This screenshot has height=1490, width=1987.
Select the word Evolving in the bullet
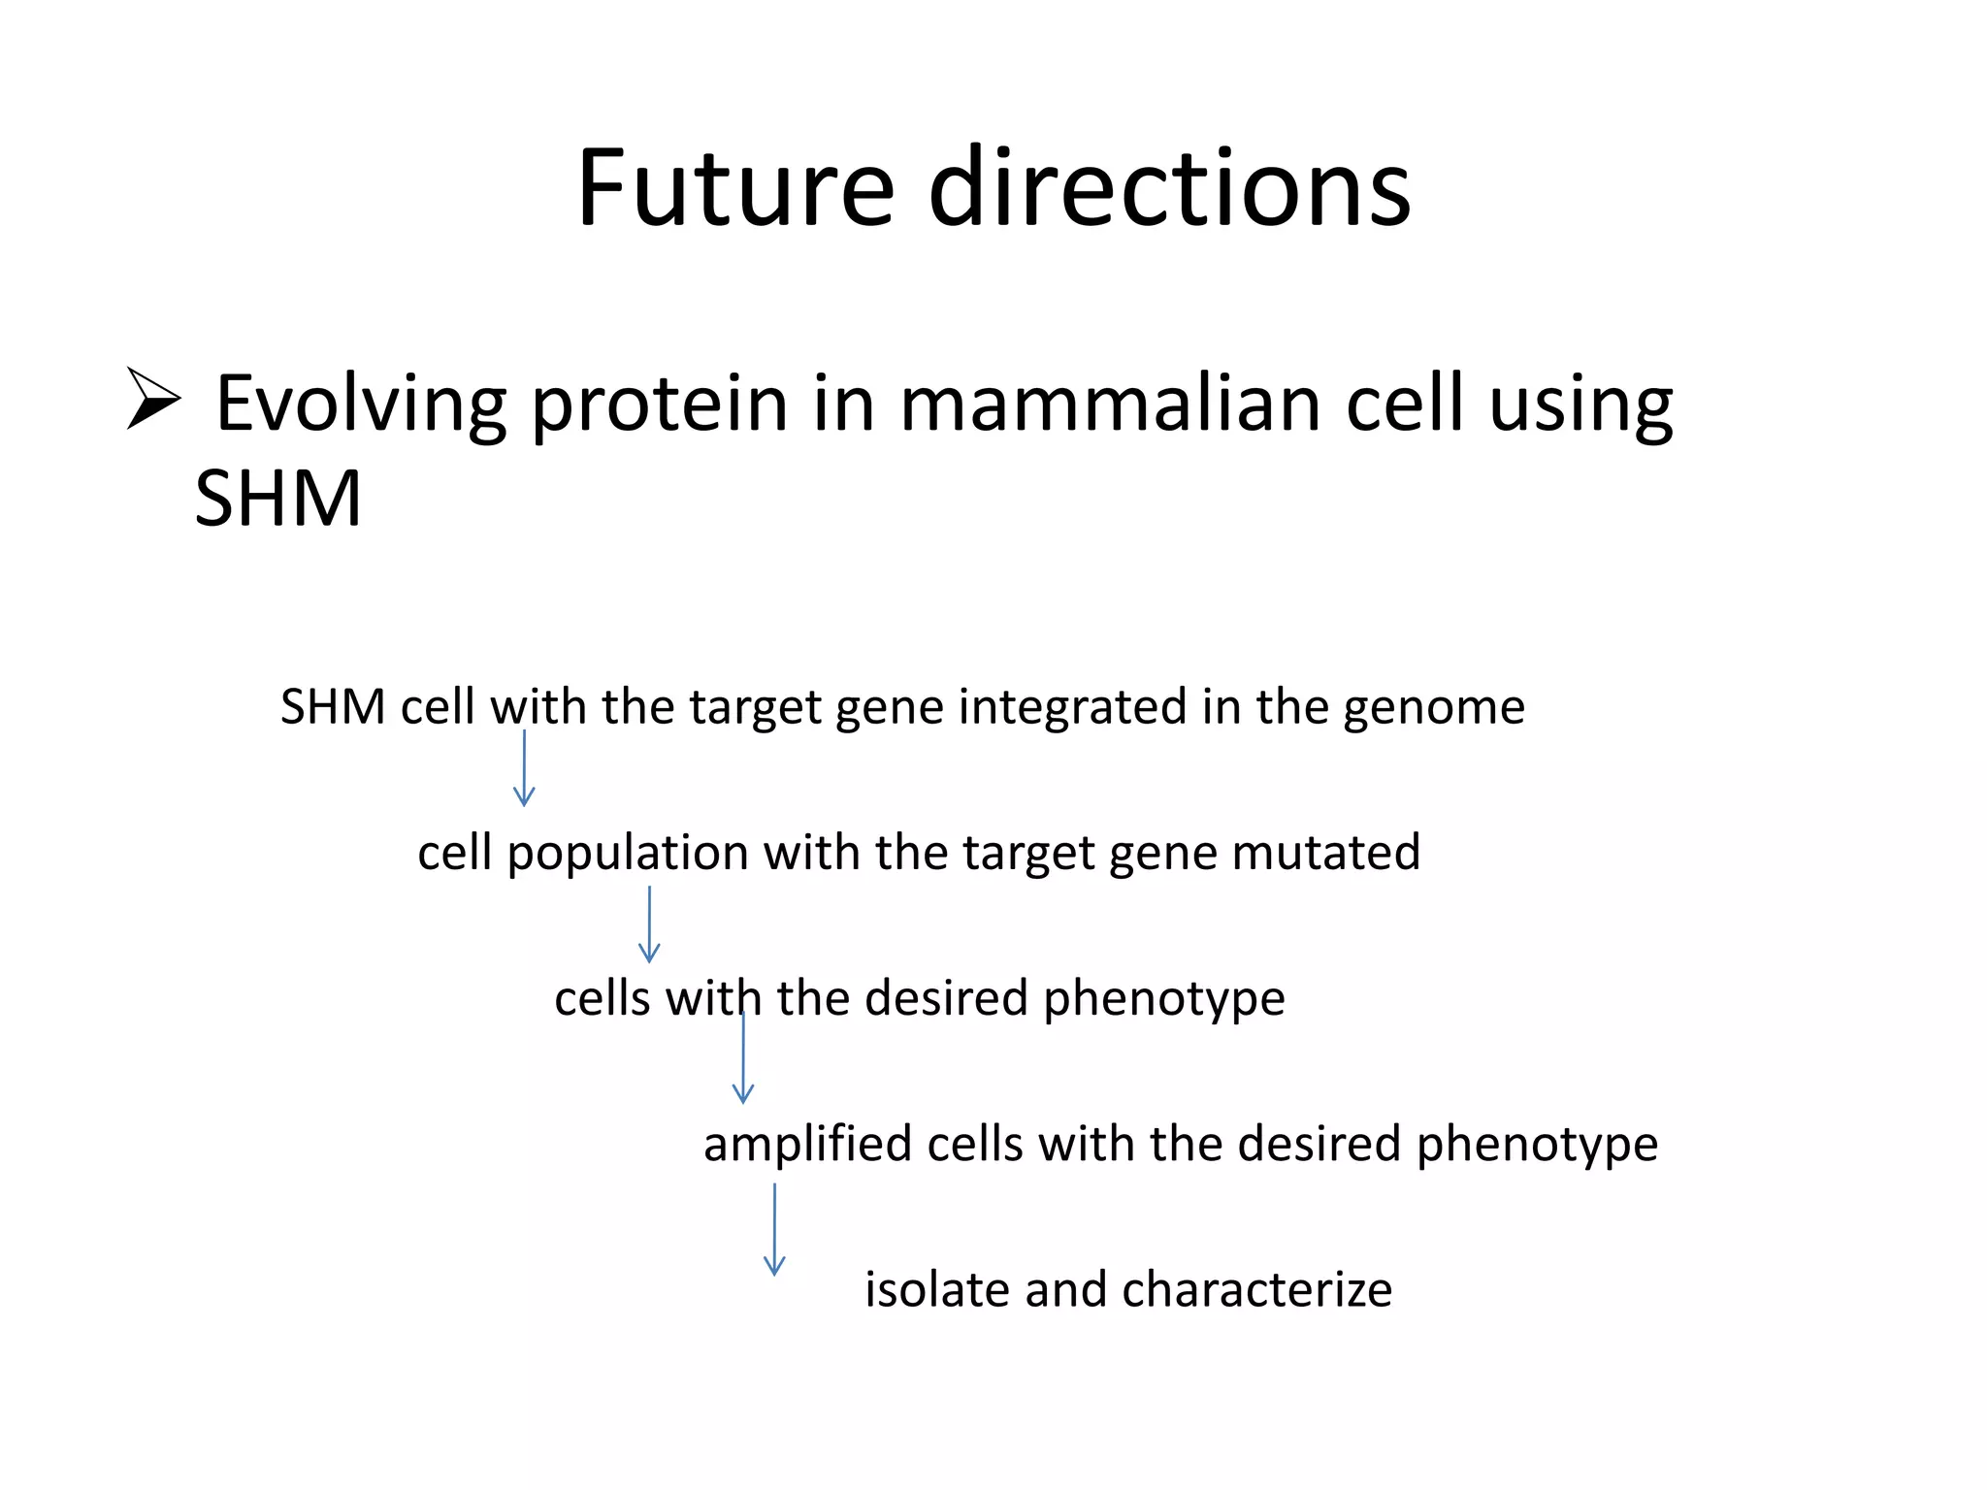pos(360,404)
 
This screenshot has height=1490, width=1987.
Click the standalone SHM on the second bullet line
pos(277,499)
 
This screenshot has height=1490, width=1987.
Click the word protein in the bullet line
pos(659,404)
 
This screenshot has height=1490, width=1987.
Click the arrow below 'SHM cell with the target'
pos(524,768)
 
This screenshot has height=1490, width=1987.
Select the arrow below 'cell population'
pos(649,923)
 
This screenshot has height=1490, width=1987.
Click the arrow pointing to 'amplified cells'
pos(743,1057)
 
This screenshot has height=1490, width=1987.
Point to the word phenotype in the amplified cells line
pos(1537,1144)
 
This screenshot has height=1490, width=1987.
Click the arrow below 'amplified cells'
pos(774,1229)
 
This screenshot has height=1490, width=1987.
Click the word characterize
pos(1256,1289)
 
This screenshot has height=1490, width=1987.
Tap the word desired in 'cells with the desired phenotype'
pos(945,998)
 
